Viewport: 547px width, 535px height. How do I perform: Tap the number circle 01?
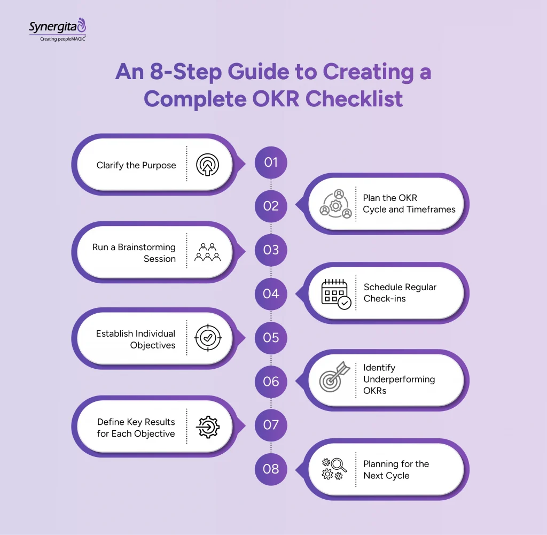click(x=271, y=161)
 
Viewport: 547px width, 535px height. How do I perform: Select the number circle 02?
click(x=271, y=206)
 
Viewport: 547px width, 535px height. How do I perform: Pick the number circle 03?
click(x=271, y=250)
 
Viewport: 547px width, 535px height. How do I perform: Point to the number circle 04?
click(x=271, y=293)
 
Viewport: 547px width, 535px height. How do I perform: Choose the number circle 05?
click(x=271, y=337)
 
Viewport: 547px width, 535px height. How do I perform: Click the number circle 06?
click(x=271, y=381)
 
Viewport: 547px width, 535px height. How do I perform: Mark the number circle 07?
click(x=271, y=425)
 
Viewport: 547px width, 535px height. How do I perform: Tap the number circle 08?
click(x=271, y=469)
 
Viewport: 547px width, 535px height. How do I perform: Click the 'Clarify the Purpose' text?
click(x=136, y=165)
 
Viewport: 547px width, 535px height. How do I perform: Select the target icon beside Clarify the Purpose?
click(x=208, y=165)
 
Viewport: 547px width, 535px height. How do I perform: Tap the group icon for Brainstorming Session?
click(x=208, y=252)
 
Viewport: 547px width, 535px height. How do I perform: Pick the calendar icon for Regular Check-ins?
click(x=336, y=293)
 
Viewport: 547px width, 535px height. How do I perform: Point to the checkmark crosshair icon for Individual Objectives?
click(x=208, y=338)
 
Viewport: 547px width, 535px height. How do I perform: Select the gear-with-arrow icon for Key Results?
click(x=208, y=427)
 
